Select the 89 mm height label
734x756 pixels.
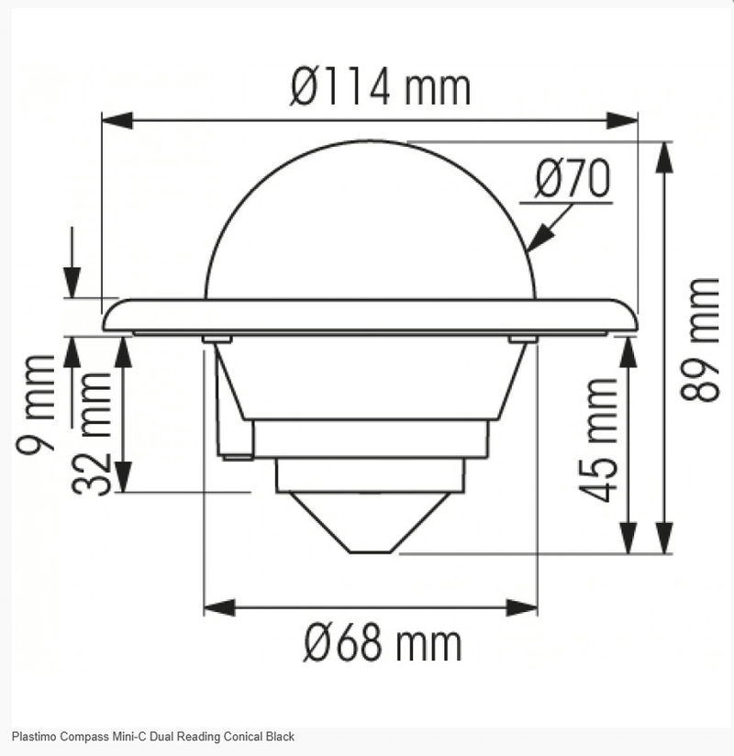[x=702, y=339]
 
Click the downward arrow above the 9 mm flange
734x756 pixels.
[x=72, y=279]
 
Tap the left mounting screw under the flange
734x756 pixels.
[x=216, y=339]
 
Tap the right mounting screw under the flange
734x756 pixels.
[x=522, y=339]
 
